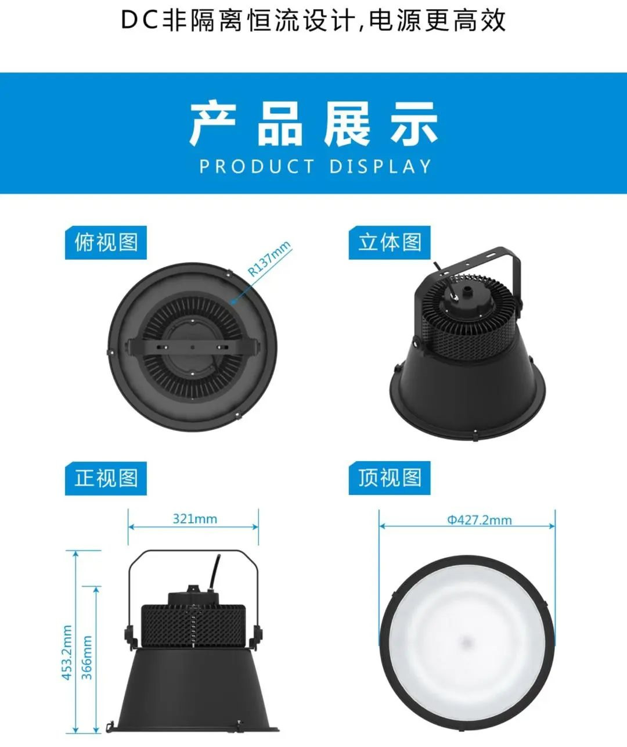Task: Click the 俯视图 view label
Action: [x=106, y=243]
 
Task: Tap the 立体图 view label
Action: [x=390, y=243]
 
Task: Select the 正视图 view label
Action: [x=106, y=478]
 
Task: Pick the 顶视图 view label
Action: [x=390, y=478]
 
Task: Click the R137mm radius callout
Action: [x=269, y=258]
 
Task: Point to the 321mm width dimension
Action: [x=195, y=519]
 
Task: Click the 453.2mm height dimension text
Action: [x=67, y=652]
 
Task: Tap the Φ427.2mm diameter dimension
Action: [x=480, y=520]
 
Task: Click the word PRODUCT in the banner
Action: [x=257, y=167]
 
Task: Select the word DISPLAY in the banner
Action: [x=380, y=167]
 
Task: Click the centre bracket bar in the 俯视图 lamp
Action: [x=193, y=347]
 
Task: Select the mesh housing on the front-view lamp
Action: [x=193, y=626]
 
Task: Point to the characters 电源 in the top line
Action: [x=395, y=21]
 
